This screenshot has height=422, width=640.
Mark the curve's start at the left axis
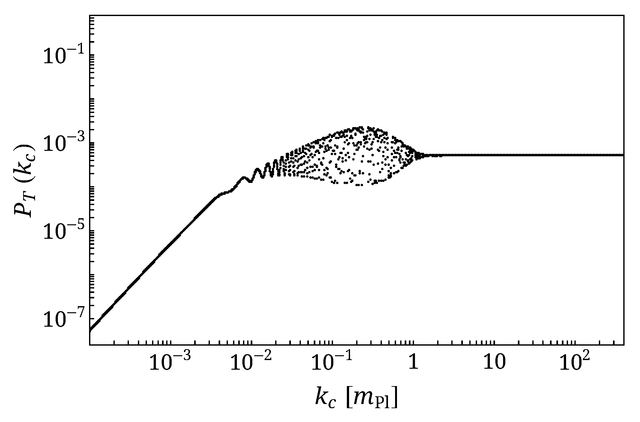pos(90,330)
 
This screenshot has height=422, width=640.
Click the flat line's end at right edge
pos(623,155)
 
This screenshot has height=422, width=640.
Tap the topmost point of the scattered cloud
pos(361,127)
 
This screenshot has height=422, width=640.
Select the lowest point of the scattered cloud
pos(359,185)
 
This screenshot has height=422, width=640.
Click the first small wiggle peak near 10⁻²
pos(244,177)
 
